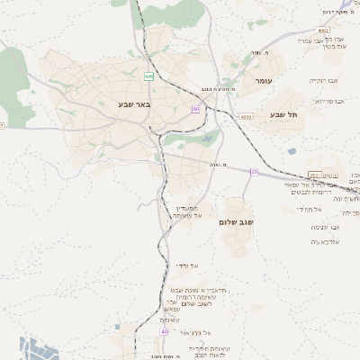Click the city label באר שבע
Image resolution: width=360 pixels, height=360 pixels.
(x=134, y=104)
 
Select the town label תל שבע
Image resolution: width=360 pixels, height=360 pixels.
(x=283, y=114)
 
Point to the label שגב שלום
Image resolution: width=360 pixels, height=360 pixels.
(x=236, y=221)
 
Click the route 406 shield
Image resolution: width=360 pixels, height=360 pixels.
(x=148, y=76)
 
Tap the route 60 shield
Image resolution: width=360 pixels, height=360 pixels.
(x=194, y=108)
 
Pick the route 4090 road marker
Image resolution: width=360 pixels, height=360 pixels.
(x=246, y=116)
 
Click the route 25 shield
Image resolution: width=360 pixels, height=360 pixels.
(x=255, y=171)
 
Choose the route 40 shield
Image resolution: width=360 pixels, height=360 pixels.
(x=165, y=332)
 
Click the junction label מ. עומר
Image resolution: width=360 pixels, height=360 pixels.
(x=262, y=53)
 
